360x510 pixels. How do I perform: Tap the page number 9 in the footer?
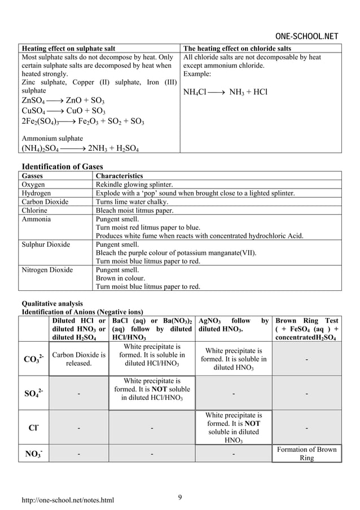(x=180, y=497)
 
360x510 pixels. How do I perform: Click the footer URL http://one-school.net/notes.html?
(x=67, y=500)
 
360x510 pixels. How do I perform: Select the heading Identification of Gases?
(x=63, y=166)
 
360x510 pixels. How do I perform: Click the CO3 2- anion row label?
(x=32, y=359)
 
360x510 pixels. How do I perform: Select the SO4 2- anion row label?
(x=32, y=393)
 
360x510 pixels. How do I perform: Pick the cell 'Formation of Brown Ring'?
(x=306, y=454)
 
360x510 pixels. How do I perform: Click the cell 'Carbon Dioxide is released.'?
(x=78, y=359)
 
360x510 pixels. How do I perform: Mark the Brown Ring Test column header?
(x=306, y=329)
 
